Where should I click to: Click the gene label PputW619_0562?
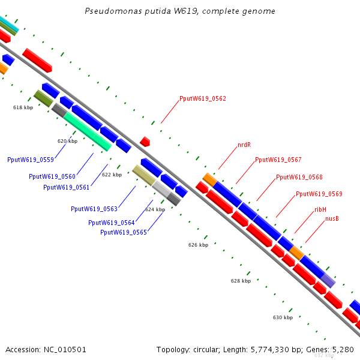tap(203, 98)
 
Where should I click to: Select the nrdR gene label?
tap(244, 145)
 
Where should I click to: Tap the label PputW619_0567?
tap(278, 160)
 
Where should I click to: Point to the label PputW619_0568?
tap(299, 178)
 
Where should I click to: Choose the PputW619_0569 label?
tap(319, 194)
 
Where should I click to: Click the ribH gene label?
tap(320, 209)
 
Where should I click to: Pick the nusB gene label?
tap(332, 219)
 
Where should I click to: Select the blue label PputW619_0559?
tap(30, 160)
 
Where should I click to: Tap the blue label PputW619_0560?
tap(52, 176)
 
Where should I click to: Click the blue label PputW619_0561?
tap(66, 187)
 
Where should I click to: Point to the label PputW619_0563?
tap(94, 209)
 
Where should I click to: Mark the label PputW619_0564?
tap(111, 223)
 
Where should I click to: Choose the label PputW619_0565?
tap(123, 232)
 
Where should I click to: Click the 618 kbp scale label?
tap(23, 107)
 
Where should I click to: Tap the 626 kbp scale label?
tap(198, 245)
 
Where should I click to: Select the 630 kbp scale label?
tap(283, 317)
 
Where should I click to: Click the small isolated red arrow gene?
tap(145, 142)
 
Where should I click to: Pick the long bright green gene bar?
tap(88, 131)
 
